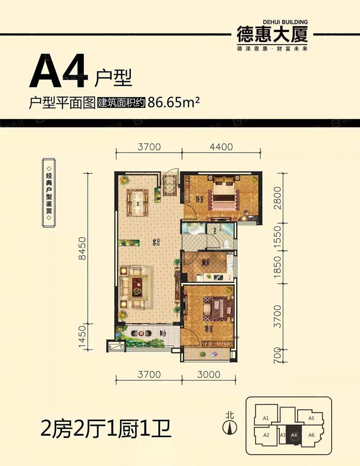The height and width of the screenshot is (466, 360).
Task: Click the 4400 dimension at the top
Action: (x=220, y=146)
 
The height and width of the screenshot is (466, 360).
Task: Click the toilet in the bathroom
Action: (x=227, y=243)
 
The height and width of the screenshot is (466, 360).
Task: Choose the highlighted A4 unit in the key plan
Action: (x=294, y=435)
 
